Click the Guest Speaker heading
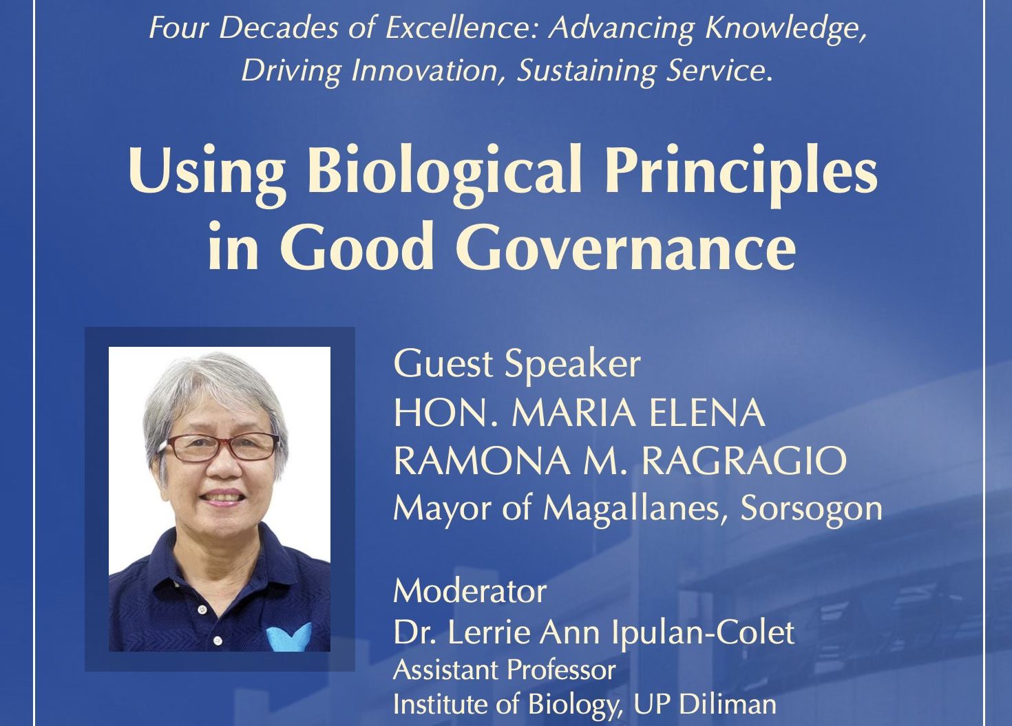[x=516, y=364]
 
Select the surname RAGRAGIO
[x=744, y=461]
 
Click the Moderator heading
[x=470, y=591]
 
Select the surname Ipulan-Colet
[x=703, y=633]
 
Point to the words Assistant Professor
[x=504, y=670]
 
